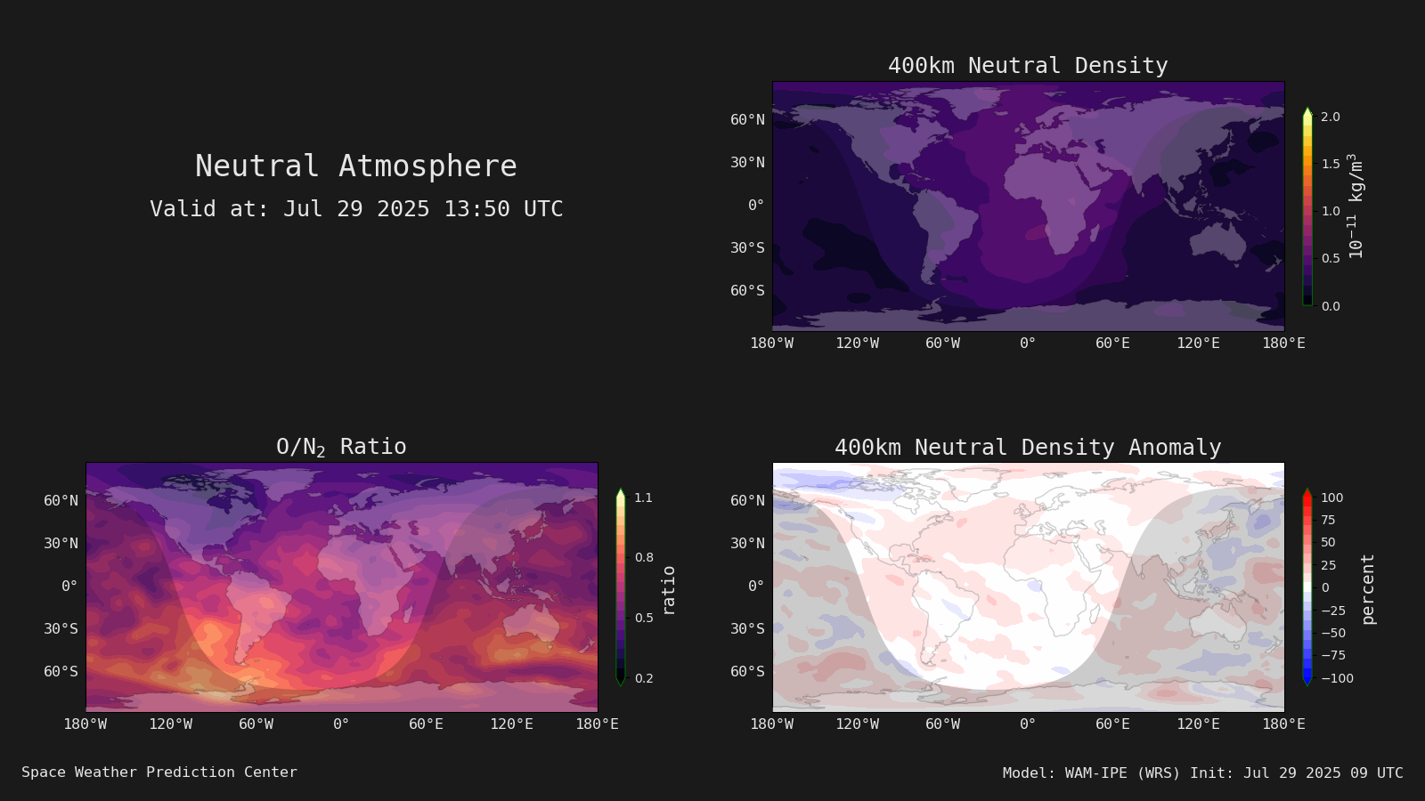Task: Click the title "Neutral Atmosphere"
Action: click(355, 166)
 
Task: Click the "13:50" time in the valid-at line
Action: click(476, 208)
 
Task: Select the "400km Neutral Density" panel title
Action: click(1028, 66)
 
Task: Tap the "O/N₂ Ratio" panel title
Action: click(341, 447)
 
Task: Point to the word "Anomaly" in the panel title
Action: click(1175, 448)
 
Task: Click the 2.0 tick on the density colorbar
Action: click(1331, 117)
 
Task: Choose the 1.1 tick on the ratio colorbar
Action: click(643, 498)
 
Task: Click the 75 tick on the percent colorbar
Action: click(1328, 520)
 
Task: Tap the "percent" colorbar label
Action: click(1367, 589)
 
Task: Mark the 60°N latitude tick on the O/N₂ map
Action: click(61, 500)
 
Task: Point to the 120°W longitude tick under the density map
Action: click(857, 344)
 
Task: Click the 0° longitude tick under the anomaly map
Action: click(1028, 724)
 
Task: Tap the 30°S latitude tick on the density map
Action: click(747, 248)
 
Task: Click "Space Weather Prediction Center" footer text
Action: click(159, 773)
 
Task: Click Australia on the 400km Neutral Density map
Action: click(1217, 242)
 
